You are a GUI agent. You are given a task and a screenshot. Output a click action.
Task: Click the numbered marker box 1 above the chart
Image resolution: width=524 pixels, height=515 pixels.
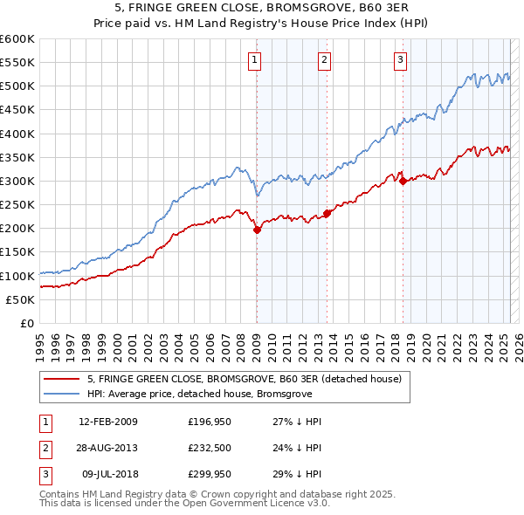tap(254, 60)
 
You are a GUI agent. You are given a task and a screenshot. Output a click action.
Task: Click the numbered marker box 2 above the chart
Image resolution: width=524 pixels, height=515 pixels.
tap(324, 60)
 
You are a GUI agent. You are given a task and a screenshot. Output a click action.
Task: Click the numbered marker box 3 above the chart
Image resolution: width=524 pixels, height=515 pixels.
tap(400, 60)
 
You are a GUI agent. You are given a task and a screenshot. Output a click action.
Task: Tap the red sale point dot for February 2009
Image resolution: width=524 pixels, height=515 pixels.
tap(257, 230)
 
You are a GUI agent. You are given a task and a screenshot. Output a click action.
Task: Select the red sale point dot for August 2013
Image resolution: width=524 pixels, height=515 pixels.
tap(327, 213)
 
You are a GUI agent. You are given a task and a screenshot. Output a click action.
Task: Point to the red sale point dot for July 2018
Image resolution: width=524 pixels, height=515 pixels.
tap(403, 181)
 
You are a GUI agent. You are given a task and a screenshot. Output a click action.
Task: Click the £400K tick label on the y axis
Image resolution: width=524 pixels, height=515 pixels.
tap(17, 134)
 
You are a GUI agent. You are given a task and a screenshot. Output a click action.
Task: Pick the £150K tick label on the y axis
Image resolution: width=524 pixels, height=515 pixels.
tap(17, 252)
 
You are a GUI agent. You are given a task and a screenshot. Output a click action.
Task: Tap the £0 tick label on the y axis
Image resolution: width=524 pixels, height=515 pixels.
tap(26, 323)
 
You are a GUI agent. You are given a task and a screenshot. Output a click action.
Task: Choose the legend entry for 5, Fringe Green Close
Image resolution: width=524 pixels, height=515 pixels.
tap(244, 379)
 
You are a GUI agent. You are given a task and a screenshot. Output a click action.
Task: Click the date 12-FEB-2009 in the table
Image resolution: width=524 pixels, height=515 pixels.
tap(108, 422)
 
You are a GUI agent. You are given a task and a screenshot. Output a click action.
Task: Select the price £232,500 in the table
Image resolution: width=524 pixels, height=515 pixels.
tap(209, 448)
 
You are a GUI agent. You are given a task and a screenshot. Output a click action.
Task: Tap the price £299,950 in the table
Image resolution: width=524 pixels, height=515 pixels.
tap(209, 474)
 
